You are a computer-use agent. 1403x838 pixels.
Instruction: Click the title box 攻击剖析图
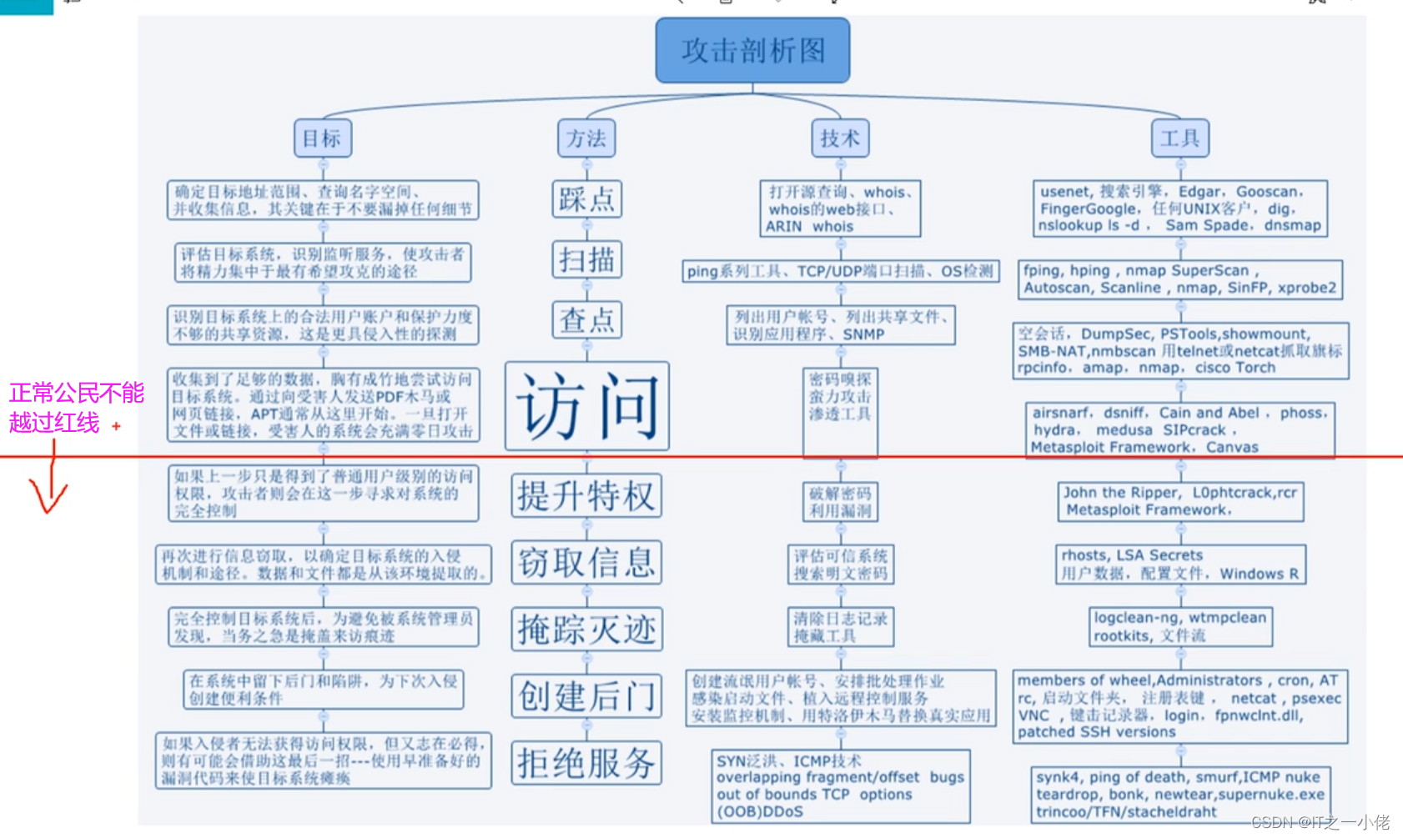coord(752,51)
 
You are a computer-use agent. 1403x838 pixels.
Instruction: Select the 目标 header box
coord(322,138)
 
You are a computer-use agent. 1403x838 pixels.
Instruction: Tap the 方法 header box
coord(586,138)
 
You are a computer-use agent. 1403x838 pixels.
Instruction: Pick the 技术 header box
coord(840,138)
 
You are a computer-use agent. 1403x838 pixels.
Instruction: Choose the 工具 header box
coord(1179,138)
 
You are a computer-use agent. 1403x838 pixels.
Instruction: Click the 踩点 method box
coord(586,199)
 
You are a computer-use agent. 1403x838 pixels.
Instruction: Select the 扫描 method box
coord(586,259)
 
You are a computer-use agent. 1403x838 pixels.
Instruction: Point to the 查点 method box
coord(586,319)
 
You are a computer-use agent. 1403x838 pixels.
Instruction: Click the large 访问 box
coord(586,406)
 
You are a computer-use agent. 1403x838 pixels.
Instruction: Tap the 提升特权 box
coord(586,495)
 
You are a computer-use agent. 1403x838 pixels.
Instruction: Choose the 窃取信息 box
coord(586,562)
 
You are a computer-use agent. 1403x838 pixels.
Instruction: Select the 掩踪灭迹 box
coord(586,629)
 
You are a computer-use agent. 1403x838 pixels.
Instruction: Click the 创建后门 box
coord(586,695)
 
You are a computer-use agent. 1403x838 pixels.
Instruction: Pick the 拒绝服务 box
coord(586,762)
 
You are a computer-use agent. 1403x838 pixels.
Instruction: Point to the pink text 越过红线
coord(54,423)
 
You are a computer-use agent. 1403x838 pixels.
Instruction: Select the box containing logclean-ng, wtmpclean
coord(1181,626)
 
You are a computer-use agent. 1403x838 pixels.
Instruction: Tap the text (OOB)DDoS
coord(759,811)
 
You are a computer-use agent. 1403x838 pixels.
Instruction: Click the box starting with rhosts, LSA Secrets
coord(1179,565)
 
